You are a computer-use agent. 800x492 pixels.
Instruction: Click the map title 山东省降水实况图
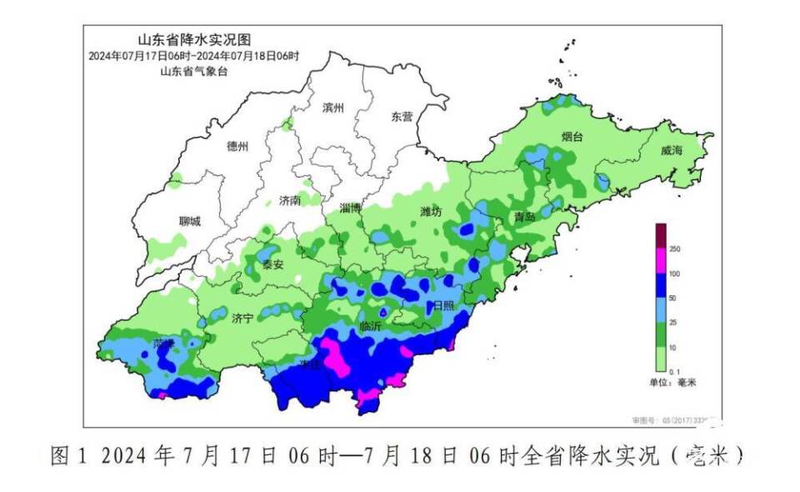[193, 39]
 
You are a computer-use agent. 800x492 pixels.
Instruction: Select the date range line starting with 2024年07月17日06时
[193, 56]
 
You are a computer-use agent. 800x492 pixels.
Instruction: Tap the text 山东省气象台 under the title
[193, 72]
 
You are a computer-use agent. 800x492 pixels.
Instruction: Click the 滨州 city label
[332, 108]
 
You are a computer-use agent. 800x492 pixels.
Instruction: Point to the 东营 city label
[402, 117]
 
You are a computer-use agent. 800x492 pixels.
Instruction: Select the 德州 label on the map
[237, 146]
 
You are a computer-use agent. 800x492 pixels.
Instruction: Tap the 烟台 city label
[572, 136]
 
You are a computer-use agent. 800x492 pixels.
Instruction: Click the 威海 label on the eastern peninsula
[671, 151]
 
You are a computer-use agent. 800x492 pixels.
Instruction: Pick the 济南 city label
[290, 200]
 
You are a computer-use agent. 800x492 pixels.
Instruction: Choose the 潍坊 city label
[431, 212]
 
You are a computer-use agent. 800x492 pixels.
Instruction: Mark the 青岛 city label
[525, 217]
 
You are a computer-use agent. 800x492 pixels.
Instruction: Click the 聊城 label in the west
[190, 221]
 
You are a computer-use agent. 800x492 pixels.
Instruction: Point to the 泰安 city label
[273, 264]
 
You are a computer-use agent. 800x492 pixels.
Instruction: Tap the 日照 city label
[443, 306]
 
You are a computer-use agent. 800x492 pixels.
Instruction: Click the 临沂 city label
[370, 327]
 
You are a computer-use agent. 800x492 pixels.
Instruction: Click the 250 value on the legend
[675, 249]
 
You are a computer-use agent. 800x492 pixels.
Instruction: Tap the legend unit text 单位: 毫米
[672, 382]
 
